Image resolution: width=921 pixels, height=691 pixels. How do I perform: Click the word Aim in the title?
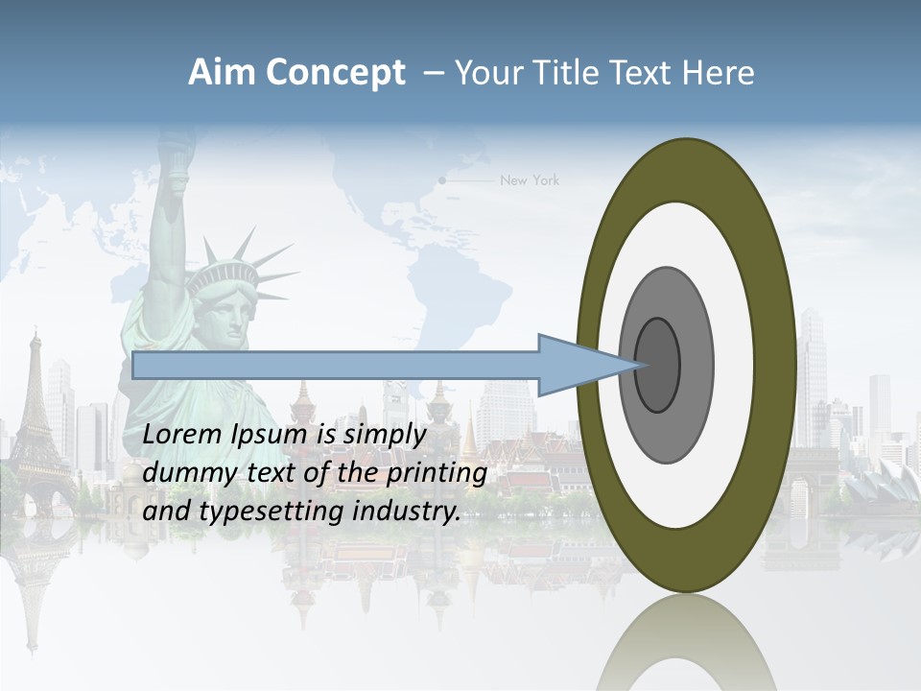point(222,73)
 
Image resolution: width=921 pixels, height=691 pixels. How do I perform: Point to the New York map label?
point(529,180)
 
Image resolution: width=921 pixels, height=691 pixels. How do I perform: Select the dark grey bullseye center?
point(658,365)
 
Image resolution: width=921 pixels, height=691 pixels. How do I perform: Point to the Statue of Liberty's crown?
point(226,274)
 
